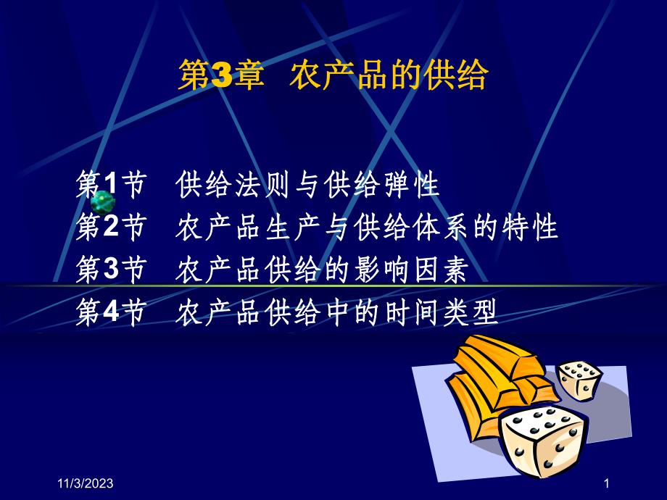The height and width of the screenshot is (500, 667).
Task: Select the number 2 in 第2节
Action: (109, 228)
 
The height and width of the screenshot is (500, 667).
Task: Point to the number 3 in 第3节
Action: (109, 271)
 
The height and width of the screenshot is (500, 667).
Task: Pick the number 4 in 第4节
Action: (109, 314)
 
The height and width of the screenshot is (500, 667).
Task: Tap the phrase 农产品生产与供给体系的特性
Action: (367, 228)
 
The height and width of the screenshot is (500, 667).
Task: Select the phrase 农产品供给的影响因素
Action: (322, 271)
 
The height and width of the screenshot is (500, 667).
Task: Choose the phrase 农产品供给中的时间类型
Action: (337, 314)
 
